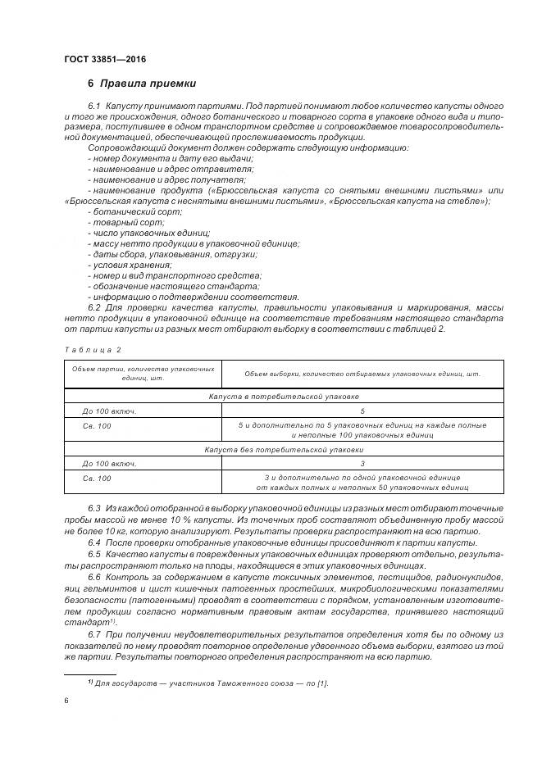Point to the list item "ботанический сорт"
(125, 211)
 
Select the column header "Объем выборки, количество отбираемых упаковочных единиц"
(362, 374)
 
